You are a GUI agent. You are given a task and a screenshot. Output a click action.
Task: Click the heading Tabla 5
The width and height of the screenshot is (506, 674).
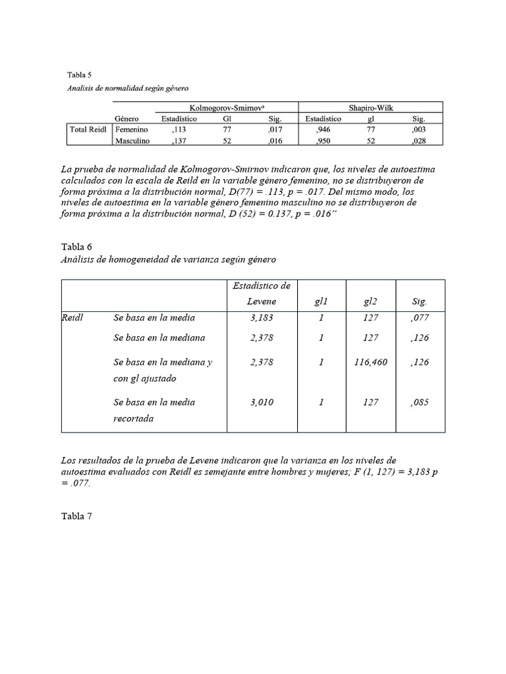click(x=80, y=74)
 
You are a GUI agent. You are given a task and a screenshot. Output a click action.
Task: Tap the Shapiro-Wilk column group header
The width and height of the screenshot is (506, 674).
click(x=372, y=108)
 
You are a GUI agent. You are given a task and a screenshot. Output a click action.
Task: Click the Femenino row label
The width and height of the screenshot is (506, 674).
click(x=132, y=130)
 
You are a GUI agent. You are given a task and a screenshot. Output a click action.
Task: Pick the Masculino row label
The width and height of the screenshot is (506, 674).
click(x=132, y=141)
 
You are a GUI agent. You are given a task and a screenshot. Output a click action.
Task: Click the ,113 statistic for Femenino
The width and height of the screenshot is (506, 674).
click(x=179, y=130)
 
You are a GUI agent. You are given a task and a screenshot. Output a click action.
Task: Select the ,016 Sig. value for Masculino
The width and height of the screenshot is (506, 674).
click(x=275, y=141)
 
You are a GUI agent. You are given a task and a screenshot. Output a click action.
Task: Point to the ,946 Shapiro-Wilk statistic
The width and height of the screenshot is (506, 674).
click(x=323, y=130)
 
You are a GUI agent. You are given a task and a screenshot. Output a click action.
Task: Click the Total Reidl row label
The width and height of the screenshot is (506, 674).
click(x=88, y=130)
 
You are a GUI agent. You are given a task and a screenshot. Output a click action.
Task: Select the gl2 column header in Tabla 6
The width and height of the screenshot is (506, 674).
click(x=370, y=301)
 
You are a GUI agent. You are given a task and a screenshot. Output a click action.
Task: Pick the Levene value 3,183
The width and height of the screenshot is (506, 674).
click(x=262, y=318)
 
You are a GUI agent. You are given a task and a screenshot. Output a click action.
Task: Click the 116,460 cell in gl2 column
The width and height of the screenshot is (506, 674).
click(x=370, y=362)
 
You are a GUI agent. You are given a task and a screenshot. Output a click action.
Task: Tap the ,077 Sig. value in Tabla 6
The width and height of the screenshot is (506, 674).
click(x=418, y=318)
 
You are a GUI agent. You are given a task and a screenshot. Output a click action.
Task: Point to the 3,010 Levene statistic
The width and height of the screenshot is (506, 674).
click(x=262, y=402)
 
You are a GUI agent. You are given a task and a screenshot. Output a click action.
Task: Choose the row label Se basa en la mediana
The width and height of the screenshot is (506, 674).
click(x=159, y=338)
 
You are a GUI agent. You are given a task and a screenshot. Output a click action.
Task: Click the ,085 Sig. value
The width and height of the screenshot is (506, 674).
click(x=418, y=402)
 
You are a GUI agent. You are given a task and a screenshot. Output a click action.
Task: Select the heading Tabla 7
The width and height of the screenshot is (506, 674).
click(x=76, y=516)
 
